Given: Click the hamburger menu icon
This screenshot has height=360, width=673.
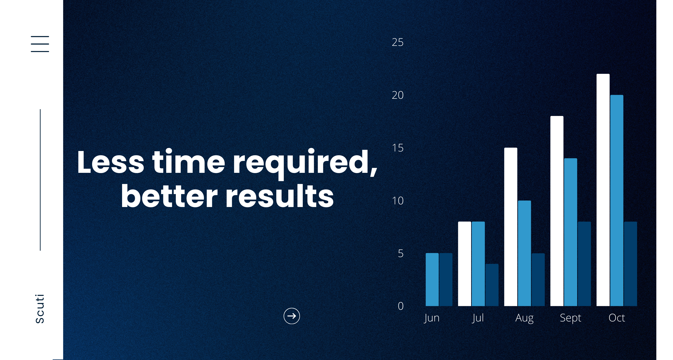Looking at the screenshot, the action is (40, 44).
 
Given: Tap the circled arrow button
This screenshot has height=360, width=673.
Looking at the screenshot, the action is (292, 316).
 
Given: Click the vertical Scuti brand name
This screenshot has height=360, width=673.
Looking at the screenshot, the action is (40, 309).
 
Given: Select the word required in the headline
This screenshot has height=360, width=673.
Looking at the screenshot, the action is (305, 163).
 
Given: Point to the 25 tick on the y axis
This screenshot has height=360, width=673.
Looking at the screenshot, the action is (397, 42).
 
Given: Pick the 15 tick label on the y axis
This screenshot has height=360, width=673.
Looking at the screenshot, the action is (398, 148).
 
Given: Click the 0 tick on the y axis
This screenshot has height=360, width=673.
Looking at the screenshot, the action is (400, 306).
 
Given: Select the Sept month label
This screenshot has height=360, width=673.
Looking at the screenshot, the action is (570, 318).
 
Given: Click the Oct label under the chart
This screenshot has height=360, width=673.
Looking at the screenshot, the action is (617, 318).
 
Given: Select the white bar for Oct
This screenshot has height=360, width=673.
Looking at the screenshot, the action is (603, 190).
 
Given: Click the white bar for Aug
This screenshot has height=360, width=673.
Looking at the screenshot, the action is (511, 227).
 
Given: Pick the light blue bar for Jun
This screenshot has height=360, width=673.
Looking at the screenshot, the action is (432, 280).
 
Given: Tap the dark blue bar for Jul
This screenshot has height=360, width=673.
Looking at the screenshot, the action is (492, 285).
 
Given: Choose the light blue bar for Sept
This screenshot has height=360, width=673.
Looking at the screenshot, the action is (571, 232).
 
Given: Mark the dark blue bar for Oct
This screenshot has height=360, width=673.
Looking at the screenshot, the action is (630, 264).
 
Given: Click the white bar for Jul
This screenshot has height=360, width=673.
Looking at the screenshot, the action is (465, 264).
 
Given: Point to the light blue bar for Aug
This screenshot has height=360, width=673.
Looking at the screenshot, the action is (524, 253).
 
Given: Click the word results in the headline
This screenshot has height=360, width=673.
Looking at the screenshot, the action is (280, 196).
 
